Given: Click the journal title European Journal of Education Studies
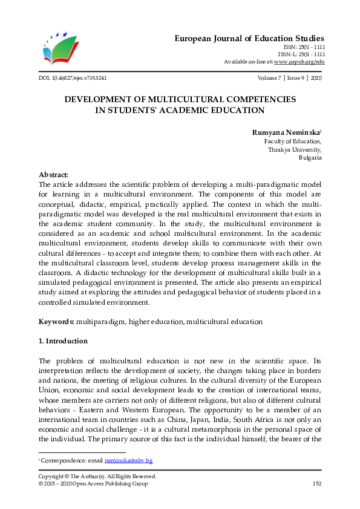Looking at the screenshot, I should click(250, 38).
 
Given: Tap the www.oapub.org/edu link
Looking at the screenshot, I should click(299, 62).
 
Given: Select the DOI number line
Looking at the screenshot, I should click(73, 79).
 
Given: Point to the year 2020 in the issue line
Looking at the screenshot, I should click(316, 79).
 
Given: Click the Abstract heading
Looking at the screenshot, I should click(53, 174).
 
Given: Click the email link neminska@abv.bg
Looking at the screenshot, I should click(128, 461).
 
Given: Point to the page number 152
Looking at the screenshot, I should click(316, 484).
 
